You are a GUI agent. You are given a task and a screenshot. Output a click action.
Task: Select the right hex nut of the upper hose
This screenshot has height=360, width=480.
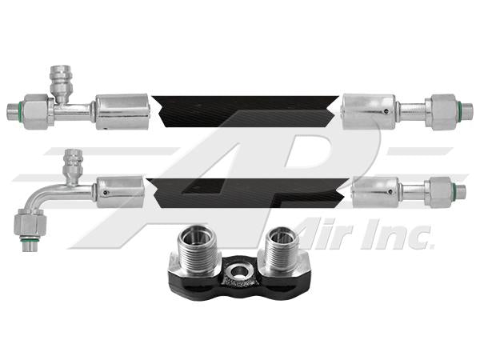coord(440,111)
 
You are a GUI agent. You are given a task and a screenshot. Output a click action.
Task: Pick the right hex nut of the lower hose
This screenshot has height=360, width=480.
coord(438,192)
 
